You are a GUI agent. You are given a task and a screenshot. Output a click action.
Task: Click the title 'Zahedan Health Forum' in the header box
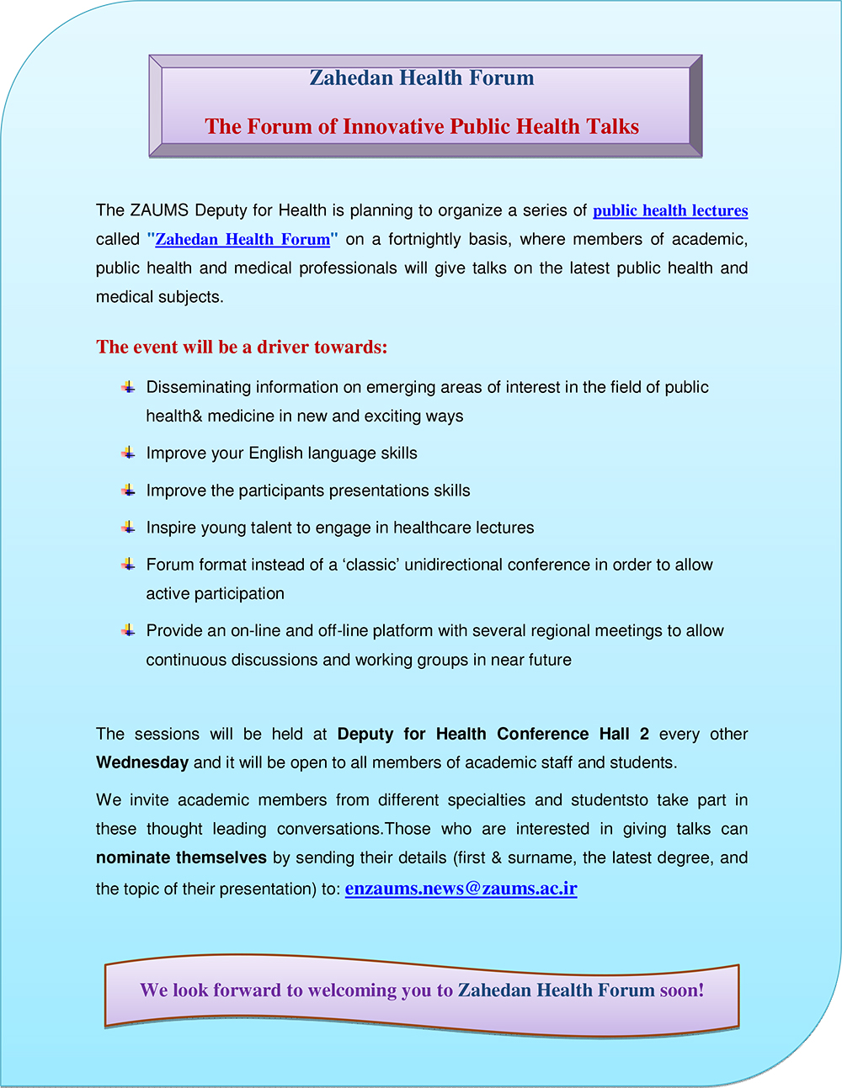click(x=422, y=78)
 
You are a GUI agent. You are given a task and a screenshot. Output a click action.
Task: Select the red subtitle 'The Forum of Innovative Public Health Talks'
click(x=422, y=127)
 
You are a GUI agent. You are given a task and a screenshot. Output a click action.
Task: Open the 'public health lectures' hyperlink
click(x=670, y=211)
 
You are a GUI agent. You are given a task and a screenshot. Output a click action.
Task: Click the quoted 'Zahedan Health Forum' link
click(x=242, y=240)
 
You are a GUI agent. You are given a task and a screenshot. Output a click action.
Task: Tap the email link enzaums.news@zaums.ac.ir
click(x=461, y=889)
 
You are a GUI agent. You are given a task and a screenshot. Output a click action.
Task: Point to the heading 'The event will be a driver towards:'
click(x=242, y=348)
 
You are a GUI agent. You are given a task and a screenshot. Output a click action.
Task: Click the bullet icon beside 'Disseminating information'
click(x=128, y=387)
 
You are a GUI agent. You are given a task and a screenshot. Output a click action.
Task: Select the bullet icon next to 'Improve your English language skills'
click(x=128, y=453)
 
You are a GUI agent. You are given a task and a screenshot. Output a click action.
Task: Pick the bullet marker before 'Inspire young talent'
click(x=128, y=528)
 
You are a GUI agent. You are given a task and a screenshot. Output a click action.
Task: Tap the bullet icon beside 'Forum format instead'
click(x=128, y=565)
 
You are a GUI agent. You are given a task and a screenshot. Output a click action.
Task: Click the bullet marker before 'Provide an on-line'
click(x=128, y=630)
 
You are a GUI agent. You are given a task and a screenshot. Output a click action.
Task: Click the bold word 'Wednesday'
click(x=142, y=763)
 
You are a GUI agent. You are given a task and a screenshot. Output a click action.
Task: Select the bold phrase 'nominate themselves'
click(x=181, y=858)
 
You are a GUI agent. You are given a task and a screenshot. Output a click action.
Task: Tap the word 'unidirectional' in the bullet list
click(x=456, y=565)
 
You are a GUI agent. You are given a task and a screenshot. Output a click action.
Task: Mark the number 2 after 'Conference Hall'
click(x=644, y=734)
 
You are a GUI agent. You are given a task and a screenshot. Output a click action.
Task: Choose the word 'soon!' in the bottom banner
click(x=682, y=990)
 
